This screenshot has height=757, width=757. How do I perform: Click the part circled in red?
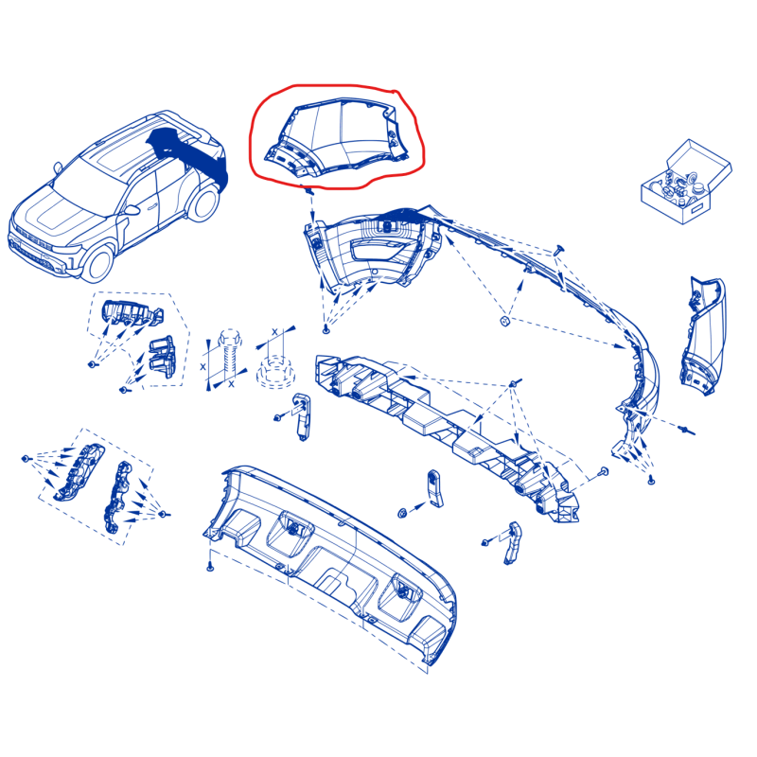[338, 137]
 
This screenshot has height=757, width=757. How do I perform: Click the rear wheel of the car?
[203, 204]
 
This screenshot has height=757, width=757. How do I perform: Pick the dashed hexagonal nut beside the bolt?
[275, 372]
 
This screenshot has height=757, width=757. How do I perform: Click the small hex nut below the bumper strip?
[504, 321]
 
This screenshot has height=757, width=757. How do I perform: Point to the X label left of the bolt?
[202, 367]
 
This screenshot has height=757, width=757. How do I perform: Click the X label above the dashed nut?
[274, 332]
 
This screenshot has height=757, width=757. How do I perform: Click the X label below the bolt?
[231, 384]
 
